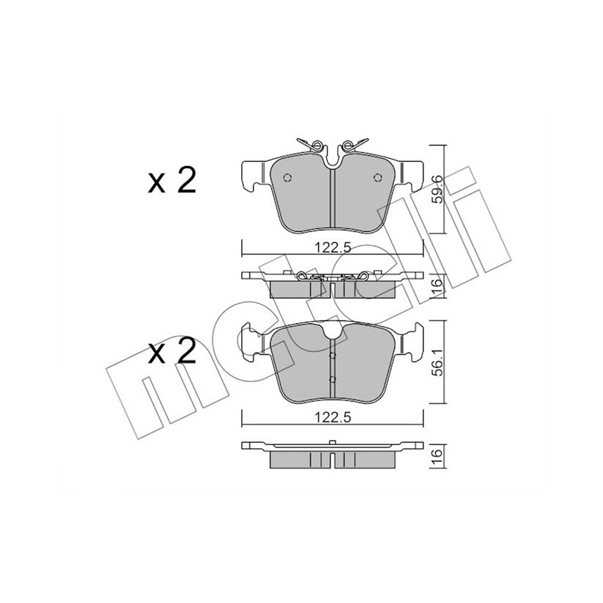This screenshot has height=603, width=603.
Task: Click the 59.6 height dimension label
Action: click(x=437, y=190)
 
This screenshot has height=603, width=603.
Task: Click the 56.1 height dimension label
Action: click(x=437, y=362)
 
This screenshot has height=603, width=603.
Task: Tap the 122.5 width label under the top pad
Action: click(x=333, y=248)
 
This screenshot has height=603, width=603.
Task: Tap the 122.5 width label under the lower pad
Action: click(x=333, y=418)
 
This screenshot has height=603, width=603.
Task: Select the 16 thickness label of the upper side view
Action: click(x=437, y=286)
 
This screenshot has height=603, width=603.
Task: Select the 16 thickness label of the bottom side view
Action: click(x=437, y=454)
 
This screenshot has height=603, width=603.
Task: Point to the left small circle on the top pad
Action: click(x=287, y=177)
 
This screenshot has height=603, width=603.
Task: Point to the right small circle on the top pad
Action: click(x=378, y=177)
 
